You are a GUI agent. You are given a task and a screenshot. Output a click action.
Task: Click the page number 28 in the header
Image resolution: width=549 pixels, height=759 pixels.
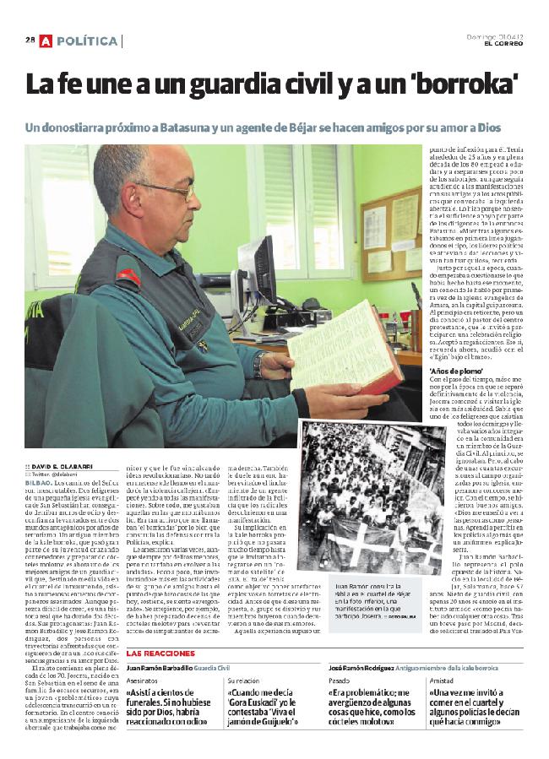30,40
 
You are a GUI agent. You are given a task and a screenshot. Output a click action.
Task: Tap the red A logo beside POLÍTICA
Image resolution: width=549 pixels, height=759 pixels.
46,40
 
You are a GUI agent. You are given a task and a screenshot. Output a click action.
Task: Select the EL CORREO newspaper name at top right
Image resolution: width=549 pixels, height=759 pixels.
500,44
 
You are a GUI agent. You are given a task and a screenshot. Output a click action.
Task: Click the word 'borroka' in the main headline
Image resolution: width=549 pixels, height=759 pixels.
464,84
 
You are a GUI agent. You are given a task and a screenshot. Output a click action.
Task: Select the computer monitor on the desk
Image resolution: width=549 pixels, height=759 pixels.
257,270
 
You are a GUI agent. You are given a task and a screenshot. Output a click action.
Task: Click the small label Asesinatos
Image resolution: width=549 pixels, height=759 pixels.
144,679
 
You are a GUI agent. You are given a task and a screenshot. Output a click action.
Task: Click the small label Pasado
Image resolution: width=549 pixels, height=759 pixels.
339,679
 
